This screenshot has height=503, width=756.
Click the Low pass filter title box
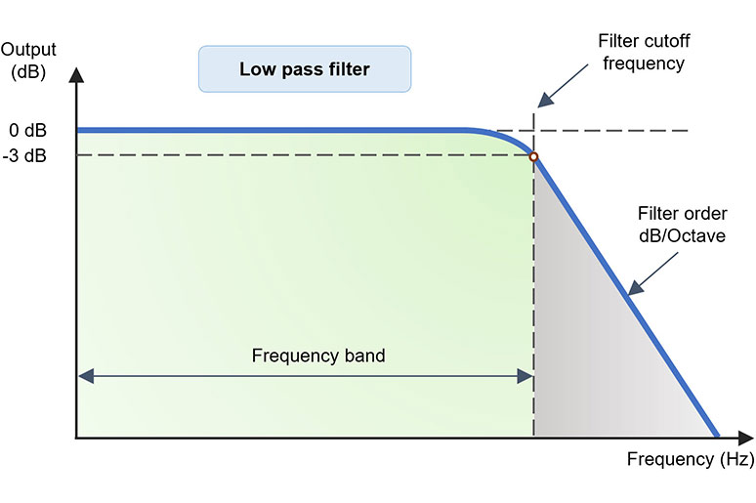[304, 69]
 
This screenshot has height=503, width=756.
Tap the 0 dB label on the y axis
[27, 130]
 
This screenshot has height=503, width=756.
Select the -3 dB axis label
[25, 155]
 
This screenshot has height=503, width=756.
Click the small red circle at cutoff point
[533, 156]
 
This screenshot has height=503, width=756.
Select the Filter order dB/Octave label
[681, 225]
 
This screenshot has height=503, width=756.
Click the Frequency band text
[318, 356]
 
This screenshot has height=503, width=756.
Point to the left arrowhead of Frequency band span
[84, 375]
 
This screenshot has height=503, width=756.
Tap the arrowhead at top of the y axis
[76, 73]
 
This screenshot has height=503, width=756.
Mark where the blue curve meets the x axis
[717, 438]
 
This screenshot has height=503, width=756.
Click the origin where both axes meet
[76, 439]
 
